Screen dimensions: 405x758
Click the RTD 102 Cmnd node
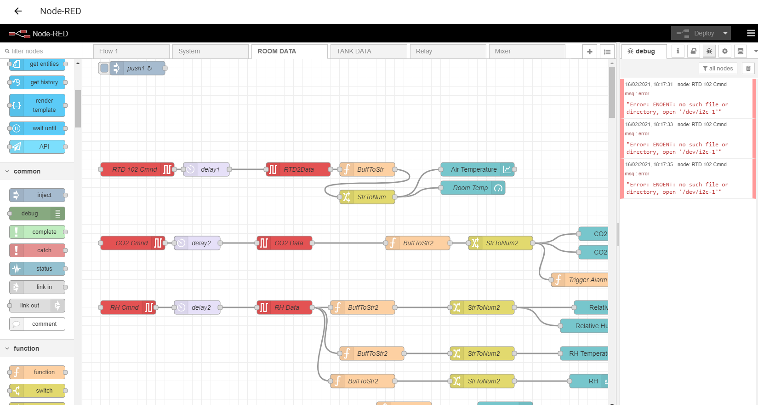pyautogui.click(x=135, y=169)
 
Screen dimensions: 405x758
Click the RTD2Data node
pyautogui.click(x=298, y=169)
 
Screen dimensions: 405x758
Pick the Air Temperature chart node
pyautogui.click(x=474, y=169)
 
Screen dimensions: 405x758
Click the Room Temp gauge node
pyautogui.click(x=470, y=188)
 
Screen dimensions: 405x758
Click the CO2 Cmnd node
pyautogui.click(x=131, y=243)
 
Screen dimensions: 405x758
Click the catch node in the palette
pyautogui.click(x=44, y=250)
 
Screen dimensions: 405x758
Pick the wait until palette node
pyautogui.click(x=44, y=128)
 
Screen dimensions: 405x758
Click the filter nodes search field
pyautogui.click(x=41, y=51)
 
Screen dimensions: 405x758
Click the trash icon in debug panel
pyautogui.click(x=748, y=69)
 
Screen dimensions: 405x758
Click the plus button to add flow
pyautogui.click(x=590, y=52)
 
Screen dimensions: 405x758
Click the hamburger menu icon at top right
pyautogui.click(x=751, y=33)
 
